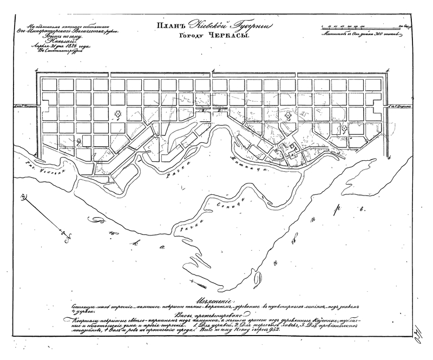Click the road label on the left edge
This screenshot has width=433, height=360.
[19, 109]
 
